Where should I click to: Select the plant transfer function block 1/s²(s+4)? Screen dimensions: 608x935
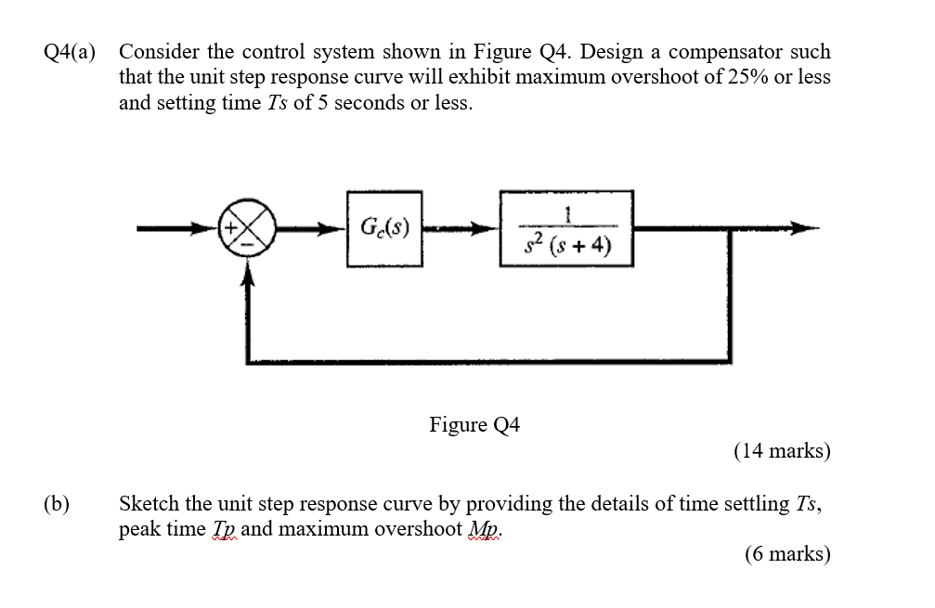[x=566, y=228]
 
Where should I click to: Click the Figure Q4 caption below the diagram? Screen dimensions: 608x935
[x=474, y=425]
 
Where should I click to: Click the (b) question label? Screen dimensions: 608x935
[x=57, y=505]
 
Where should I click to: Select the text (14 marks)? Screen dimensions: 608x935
[x=782, y=451]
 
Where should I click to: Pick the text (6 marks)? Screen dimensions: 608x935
[x=787, y=554]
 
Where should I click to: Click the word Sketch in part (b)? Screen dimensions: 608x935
[x=149, y=504]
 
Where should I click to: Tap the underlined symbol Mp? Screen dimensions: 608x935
[x=484, y=530]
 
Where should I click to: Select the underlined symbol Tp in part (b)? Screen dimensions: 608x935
[x=222, y=530]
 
